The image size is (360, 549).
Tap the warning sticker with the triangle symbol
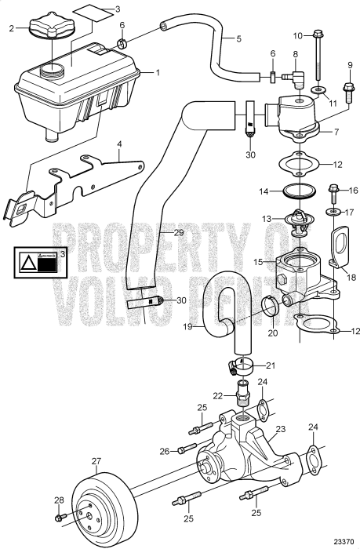[x=38, y=262]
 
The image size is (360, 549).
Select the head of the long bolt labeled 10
[x=318, y=35]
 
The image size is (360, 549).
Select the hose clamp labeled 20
[x=266, y=321]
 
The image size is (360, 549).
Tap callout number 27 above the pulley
[x=96, y=461]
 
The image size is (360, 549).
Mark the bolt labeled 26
[x=186, y=449]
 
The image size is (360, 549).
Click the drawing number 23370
[x=343, y=541]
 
